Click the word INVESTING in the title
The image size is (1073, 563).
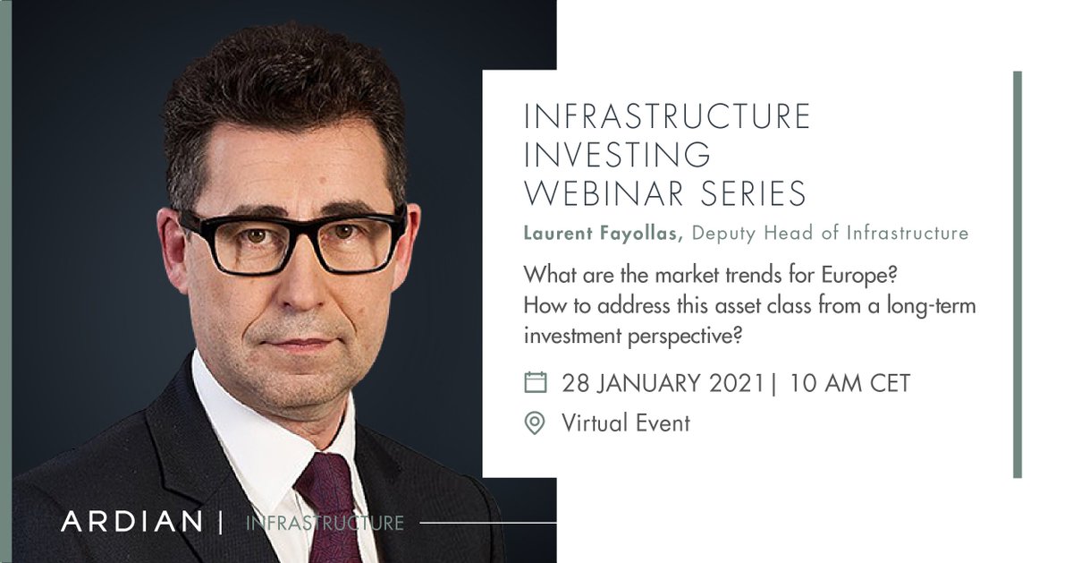617,155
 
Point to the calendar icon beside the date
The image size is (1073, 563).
535,383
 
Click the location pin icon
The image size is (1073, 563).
535,422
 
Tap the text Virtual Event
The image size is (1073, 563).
626,422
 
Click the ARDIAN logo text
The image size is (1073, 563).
131,523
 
